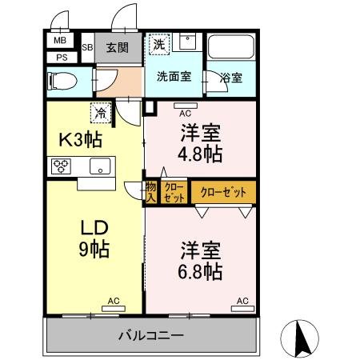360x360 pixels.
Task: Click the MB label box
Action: (61, 41)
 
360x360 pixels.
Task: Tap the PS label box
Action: (61, 57)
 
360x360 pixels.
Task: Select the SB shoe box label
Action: (88, 47)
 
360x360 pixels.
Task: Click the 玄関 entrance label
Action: (116, 47)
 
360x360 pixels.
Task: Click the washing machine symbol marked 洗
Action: (159, 45)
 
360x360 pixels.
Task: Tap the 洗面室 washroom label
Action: (173, 78)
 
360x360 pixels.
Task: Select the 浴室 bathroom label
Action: (232, 78)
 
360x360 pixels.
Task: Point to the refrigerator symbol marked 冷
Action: (102, 114)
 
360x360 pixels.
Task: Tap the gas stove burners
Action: (61, 167)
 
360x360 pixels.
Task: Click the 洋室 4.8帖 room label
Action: (200, 142)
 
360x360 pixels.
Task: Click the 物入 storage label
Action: (150, 192)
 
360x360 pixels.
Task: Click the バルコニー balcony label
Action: (151, 334)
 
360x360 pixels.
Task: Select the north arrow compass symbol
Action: (302, 338)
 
